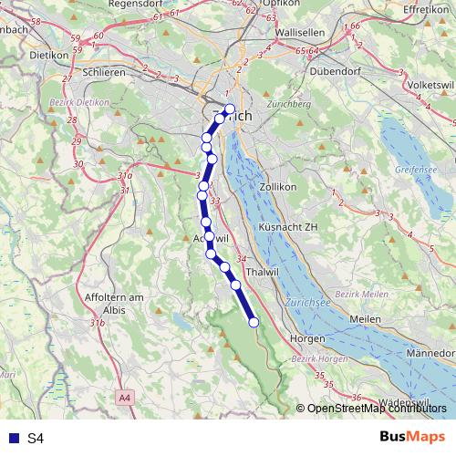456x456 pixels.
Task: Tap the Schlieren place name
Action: click(x=102, y=72)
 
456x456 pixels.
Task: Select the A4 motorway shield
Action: click(x=125, y=398)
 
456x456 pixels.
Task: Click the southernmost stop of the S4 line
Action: click(x=254, y=322)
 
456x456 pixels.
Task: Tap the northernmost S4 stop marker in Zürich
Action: click(x=230, y=109)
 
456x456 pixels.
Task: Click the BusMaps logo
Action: click(x=412, y=437)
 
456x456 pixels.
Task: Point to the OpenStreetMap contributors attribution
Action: click(x=372, y=409)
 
